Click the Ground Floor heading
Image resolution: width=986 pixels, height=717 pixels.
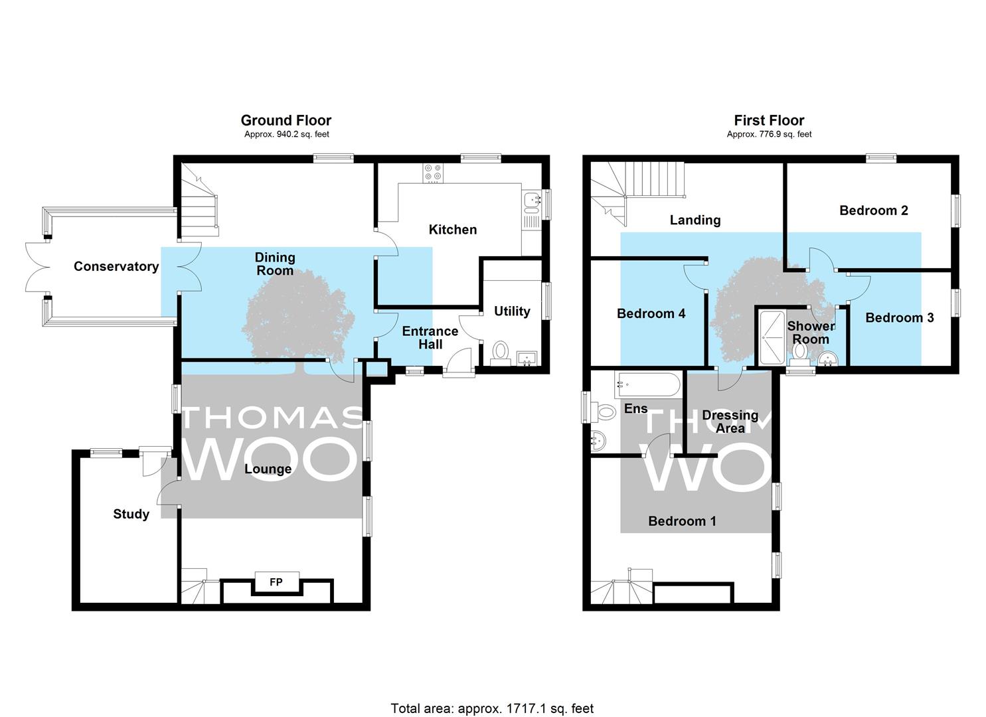coord(286,120)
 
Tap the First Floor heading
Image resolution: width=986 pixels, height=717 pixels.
coord(769,120)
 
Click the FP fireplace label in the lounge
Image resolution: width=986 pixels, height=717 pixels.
coord(276,582)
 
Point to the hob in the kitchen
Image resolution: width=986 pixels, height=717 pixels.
coord(433,173)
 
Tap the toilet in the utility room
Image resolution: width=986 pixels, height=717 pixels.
coord(500,353)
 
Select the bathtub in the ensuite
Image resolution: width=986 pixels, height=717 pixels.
coord(648,384)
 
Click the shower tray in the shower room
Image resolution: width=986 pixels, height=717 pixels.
coord(771,338)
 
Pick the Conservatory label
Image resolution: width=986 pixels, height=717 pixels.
coord(116,266)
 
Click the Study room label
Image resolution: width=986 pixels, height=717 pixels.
coord(131,514)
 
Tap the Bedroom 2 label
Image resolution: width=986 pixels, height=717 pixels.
coord(874,210)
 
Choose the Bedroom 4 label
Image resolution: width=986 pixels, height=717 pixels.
coord(651,313)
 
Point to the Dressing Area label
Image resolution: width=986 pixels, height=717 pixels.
coord(730,422)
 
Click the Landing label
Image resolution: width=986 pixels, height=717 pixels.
coord(695,220)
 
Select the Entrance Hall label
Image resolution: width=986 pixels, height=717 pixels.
coord(430,338)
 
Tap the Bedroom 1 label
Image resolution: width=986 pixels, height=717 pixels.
coord(682,521)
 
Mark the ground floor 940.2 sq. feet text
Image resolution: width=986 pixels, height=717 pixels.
coord(287,134)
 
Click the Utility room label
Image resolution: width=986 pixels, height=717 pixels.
coord(512,311)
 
